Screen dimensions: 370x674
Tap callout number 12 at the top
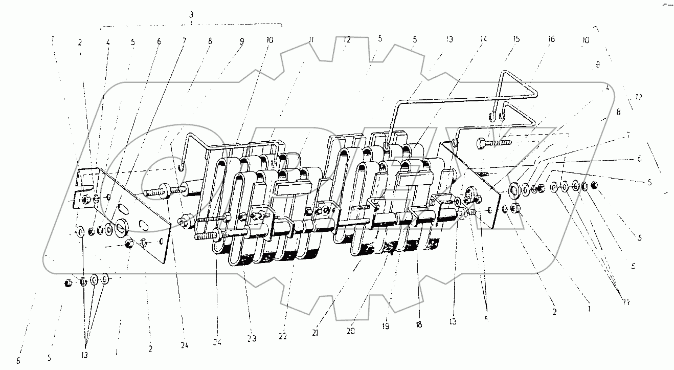[x=347, y=39]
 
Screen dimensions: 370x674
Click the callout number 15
[x=516, y=39]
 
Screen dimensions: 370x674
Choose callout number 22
[x=283, y=336]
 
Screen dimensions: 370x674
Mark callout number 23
[x=251, y=338]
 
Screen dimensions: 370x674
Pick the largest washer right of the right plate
[x=513, y=191]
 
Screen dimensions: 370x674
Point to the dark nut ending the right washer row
[x=594, y=184]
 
